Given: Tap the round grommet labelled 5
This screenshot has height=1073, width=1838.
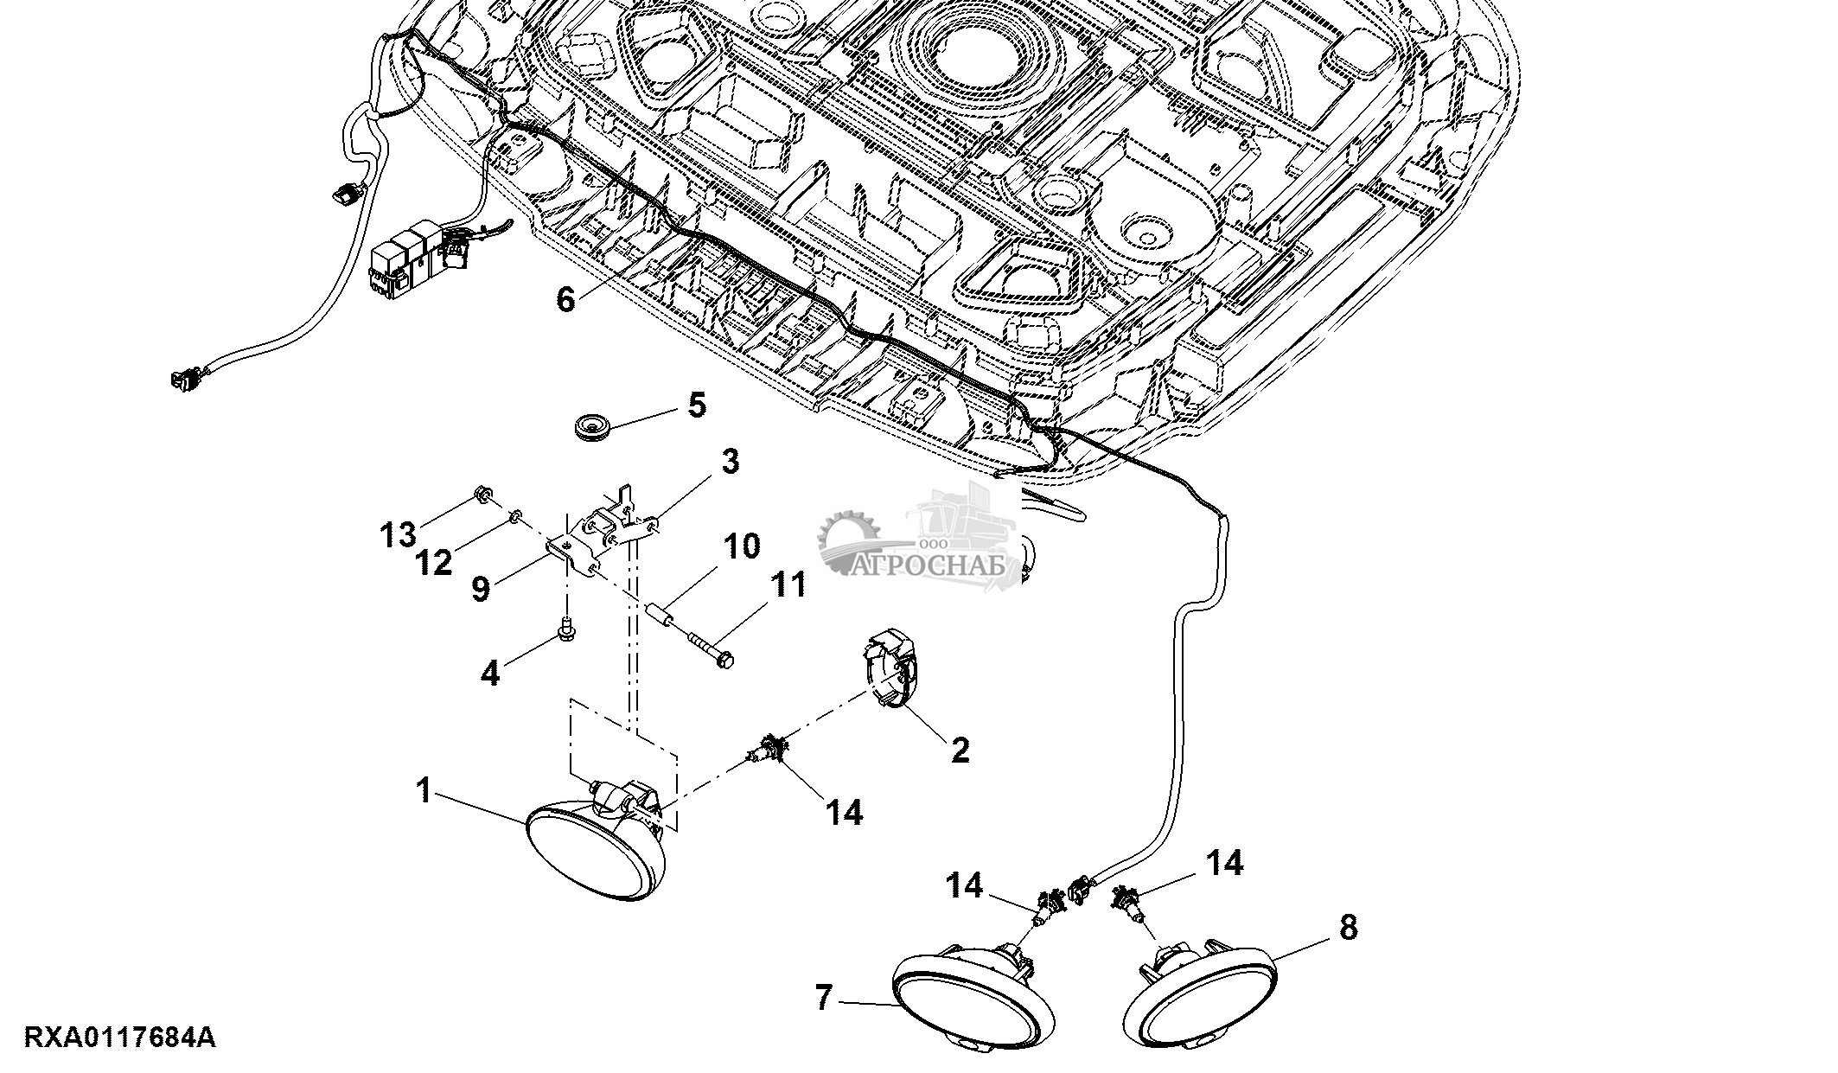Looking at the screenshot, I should click(x=591, y=426).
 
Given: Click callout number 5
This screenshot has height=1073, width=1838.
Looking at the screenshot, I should click(x=697, y=405).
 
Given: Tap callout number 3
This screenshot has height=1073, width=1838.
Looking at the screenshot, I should click(x=731, y=463).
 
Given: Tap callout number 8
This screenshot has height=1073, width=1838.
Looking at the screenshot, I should click(x=1348, y=928).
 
